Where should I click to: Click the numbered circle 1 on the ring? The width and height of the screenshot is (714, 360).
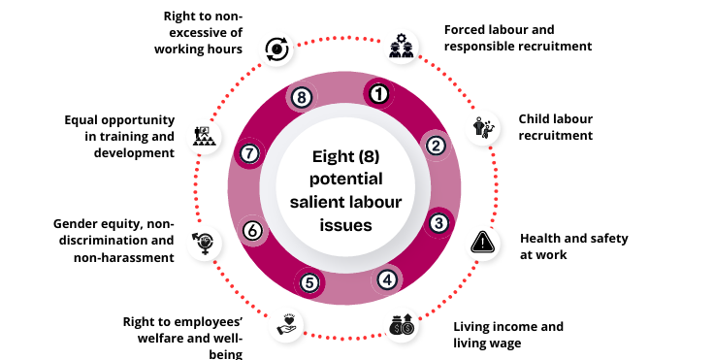(378, 94)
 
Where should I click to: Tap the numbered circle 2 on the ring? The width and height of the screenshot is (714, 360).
(436, 146)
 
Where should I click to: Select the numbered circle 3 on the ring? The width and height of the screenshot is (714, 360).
(438, 223)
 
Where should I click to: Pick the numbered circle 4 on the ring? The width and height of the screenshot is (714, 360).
(387, 279)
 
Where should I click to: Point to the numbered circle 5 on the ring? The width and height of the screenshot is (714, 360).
(309, 282)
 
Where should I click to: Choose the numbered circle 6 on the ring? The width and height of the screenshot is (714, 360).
(252, 230)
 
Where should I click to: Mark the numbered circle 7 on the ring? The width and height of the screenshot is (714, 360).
(249, 153)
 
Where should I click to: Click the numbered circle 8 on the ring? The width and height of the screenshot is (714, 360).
(302, 97)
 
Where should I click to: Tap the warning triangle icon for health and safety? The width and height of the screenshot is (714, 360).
(483, 242)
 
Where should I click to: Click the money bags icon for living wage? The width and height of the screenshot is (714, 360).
(402, 325)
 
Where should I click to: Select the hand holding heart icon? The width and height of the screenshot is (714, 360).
(286, 324)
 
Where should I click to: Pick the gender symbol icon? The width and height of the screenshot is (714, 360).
(204, 243)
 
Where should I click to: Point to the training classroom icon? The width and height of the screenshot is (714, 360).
(204, 136)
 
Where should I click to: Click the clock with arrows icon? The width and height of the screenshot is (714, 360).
(276, 49)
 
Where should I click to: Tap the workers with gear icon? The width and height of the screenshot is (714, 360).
(402, 46)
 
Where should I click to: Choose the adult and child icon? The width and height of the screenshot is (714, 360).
(483, 128)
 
